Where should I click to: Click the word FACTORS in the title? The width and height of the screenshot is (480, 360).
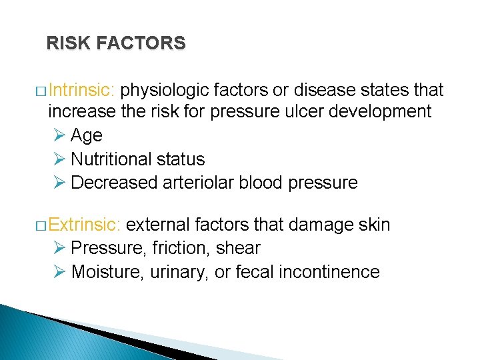[141, 43]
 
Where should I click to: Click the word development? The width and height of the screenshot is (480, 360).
[378, 111]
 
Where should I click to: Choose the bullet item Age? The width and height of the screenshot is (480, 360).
[86, 135]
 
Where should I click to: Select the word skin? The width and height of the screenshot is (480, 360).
[374, 225]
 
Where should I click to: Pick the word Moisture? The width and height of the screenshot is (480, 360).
[104, 272]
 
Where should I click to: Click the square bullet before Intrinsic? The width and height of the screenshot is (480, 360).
[41, 91]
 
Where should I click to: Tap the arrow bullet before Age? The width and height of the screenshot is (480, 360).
[59, 135]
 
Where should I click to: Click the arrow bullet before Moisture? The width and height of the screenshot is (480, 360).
[59, 272]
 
